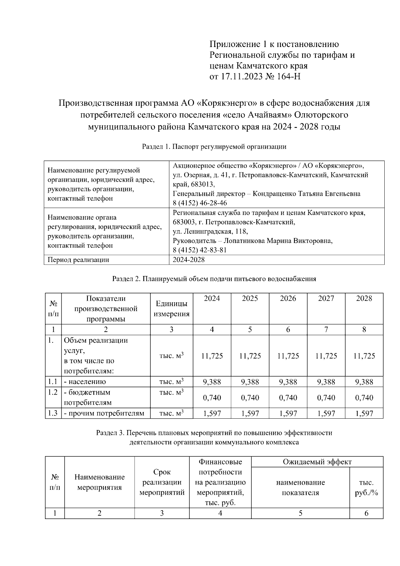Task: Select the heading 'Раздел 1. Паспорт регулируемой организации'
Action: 214,146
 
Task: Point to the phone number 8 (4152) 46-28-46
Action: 200,203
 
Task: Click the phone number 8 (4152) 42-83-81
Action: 200,250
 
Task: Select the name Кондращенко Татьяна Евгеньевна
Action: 306,194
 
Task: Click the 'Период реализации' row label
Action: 78,260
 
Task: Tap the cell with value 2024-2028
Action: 189,260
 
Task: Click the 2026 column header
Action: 288,298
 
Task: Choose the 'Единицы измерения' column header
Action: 171,309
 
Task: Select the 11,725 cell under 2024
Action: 212,356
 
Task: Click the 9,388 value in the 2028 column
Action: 364,382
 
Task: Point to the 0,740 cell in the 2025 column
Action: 250,397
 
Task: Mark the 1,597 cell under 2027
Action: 326,414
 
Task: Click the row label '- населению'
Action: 85,382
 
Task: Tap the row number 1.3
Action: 53,413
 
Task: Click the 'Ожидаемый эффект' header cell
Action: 317,462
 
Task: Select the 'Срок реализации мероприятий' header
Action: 162,482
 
